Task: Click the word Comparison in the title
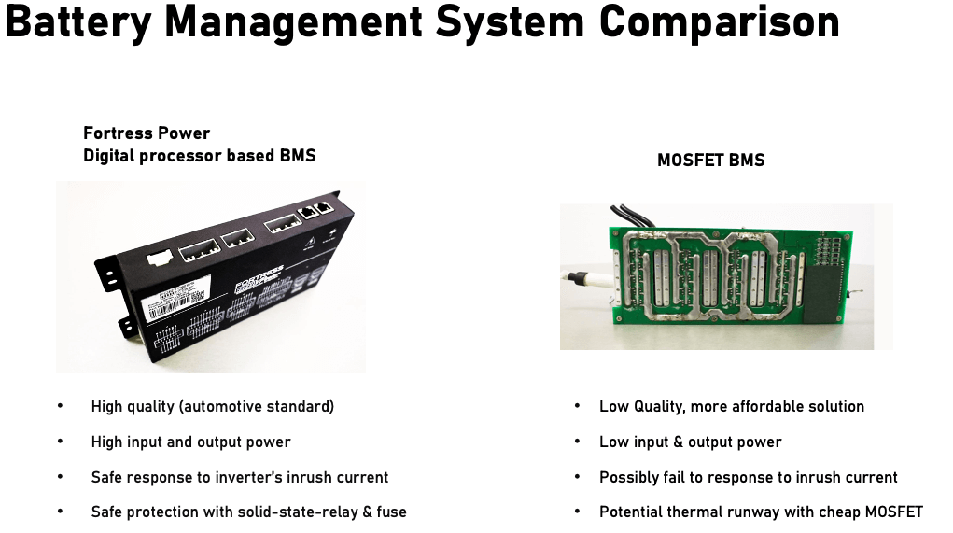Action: (x=719, y=21)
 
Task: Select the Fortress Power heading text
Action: (x=147, y=133)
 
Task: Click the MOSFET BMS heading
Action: (x=710, y=160)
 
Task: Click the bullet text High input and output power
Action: (x=190, y=442)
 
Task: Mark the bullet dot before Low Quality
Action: (x=578, y=406)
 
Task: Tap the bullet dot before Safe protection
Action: (x=61, y=512)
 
